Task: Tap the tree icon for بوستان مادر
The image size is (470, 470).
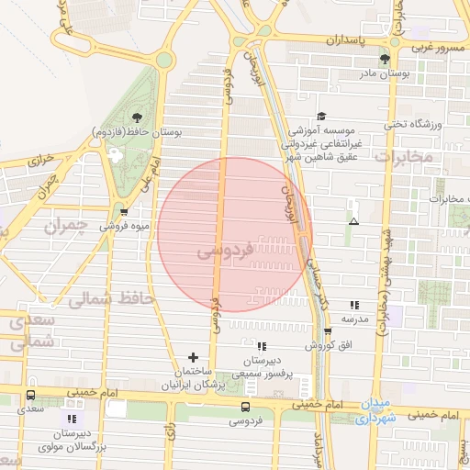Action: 385,59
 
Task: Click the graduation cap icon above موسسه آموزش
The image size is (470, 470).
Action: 320,117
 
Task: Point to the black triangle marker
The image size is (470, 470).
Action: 353,221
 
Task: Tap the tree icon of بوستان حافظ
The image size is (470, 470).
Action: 137,117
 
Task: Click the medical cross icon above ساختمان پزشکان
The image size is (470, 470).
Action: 193,357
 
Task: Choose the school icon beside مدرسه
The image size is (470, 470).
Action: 353,305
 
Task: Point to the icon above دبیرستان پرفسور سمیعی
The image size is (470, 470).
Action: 263,346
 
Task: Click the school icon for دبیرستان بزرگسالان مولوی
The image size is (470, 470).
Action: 73,419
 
